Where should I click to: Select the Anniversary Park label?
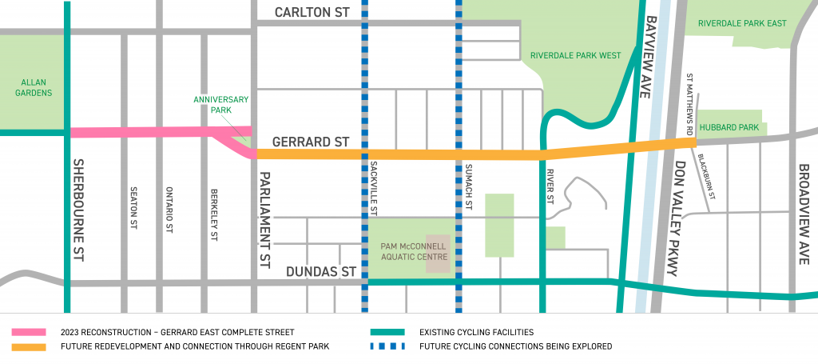[x=221, y=105]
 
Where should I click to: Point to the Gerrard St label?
[x=311, y=142]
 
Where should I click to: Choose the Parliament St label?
[x=265, y=215]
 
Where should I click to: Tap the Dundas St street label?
[x=320, y=272]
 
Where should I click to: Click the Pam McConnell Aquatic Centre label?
[x=412, y=252]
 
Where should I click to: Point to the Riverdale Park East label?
[x=742, y=24]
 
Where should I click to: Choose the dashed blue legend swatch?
[x=389, y=346]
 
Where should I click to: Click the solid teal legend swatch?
[x=389, y=332]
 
